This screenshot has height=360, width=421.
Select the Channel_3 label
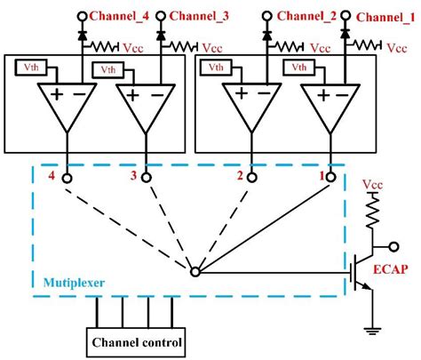[198, 15]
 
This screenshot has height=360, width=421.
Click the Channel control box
[138, 341]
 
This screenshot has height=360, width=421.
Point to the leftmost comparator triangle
[68, 105]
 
